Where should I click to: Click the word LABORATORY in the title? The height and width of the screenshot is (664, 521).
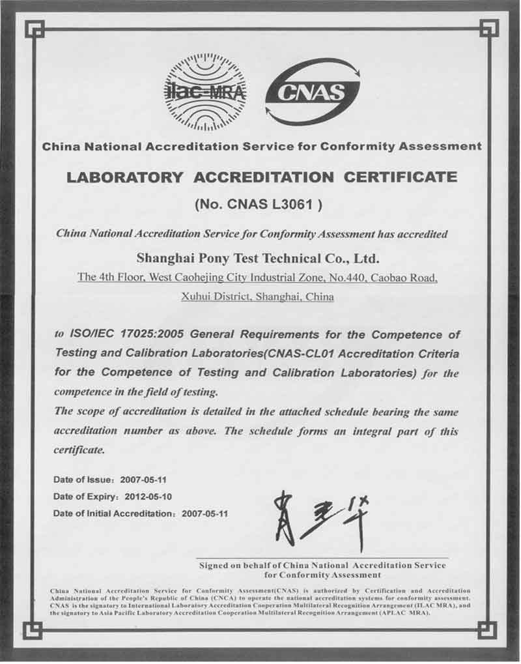121,177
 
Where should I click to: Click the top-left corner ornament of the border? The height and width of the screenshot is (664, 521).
33,29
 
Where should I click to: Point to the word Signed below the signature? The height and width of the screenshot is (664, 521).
215,566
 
